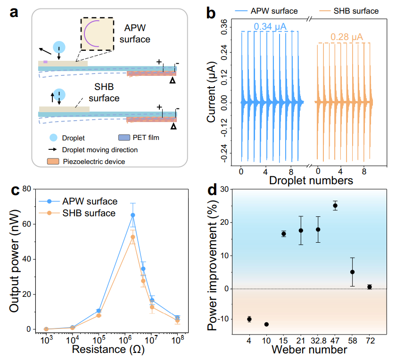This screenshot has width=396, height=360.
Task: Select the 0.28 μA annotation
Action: (x=346, y=37)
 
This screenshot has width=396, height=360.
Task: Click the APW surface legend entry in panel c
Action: (x=90, y=201)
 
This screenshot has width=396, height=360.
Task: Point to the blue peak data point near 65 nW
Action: (x=133, y=215)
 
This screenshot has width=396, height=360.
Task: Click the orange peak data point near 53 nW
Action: (x=133, y=237)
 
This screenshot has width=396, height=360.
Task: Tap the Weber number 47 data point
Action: (x=335, y=205)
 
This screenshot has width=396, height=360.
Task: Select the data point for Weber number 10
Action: (x=266, y=324)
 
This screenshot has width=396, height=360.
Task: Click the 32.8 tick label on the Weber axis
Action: (x=318, y=339)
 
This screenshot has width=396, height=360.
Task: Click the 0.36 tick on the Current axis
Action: (x=222, y=23)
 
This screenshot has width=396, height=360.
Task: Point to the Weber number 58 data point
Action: (x=352, y=272)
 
